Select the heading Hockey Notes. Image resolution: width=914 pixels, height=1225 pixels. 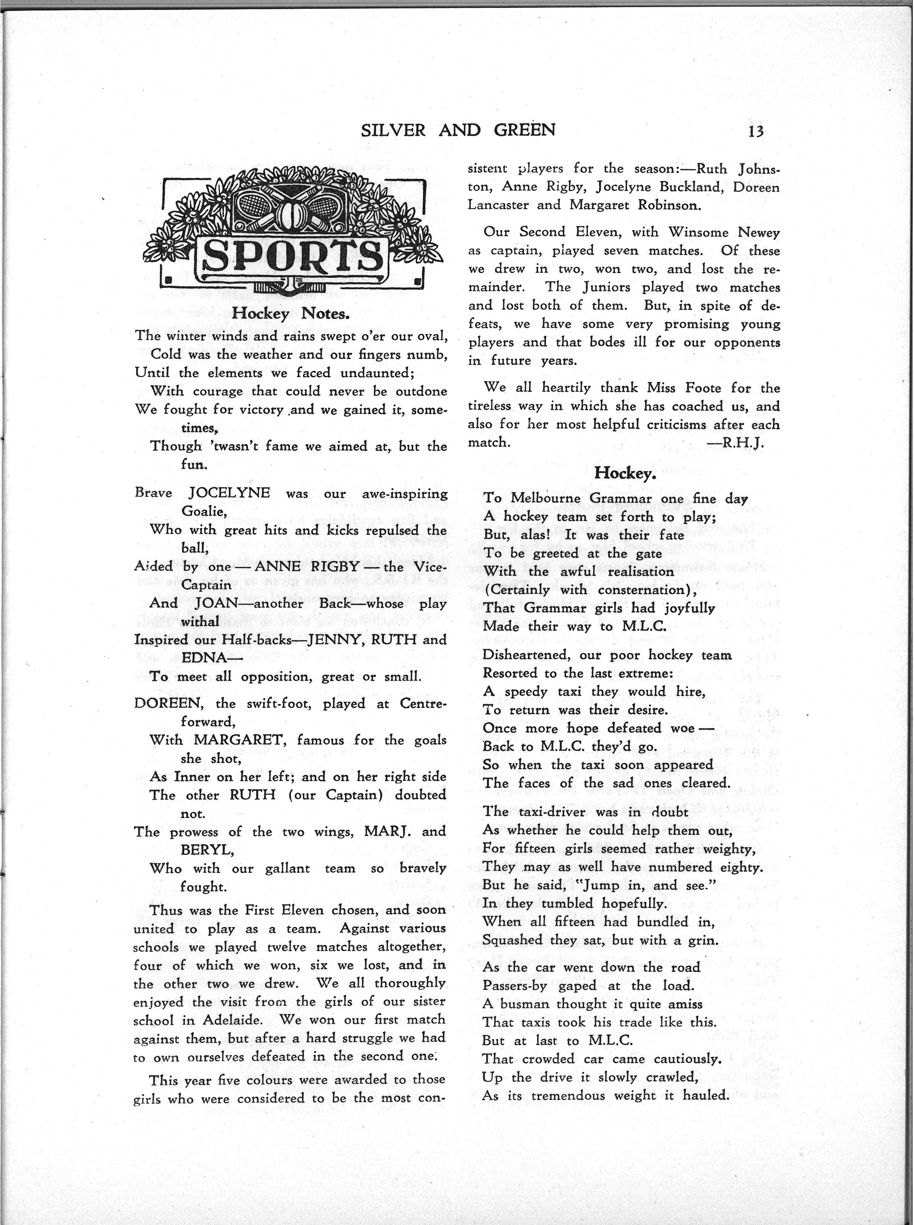(290, 314)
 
